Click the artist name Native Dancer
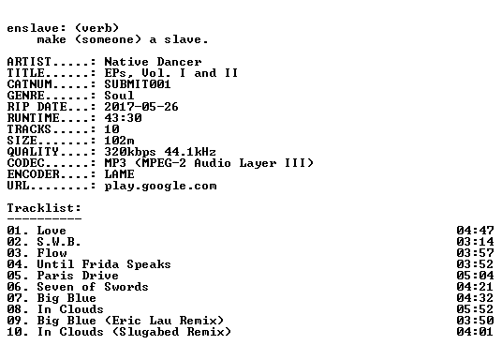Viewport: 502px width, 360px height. [153, 62]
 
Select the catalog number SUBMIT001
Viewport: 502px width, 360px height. [138, 84]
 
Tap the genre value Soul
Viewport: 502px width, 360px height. [119, 96]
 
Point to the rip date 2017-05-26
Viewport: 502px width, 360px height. [141, 107]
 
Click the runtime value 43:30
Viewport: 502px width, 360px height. [123, 117]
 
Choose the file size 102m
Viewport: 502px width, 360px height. [119, 141]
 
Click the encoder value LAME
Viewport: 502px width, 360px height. [119, 174]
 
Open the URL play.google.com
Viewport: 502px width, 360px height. [160, 186]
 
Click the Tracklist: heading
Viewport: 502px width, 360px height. [44, 208]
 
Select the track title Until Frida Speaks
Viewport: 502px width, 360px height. [104, 264]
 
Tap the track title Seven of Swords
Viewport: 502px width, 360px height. [93, 287]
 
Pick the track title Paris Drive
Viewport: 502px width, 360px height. [78, 276]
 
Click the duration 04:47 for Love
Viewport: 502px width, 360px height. [475, 231]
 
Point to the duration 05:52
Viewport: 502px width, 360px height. [475, 309]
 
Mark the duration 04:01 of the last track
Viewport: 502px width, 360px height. [475, 332]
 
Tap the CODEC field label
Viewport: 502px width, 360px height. [25, 163]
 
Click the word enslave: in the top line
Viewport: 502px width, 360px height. [37, 28]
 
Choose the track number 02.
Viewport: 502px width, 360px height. [14, 241]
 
